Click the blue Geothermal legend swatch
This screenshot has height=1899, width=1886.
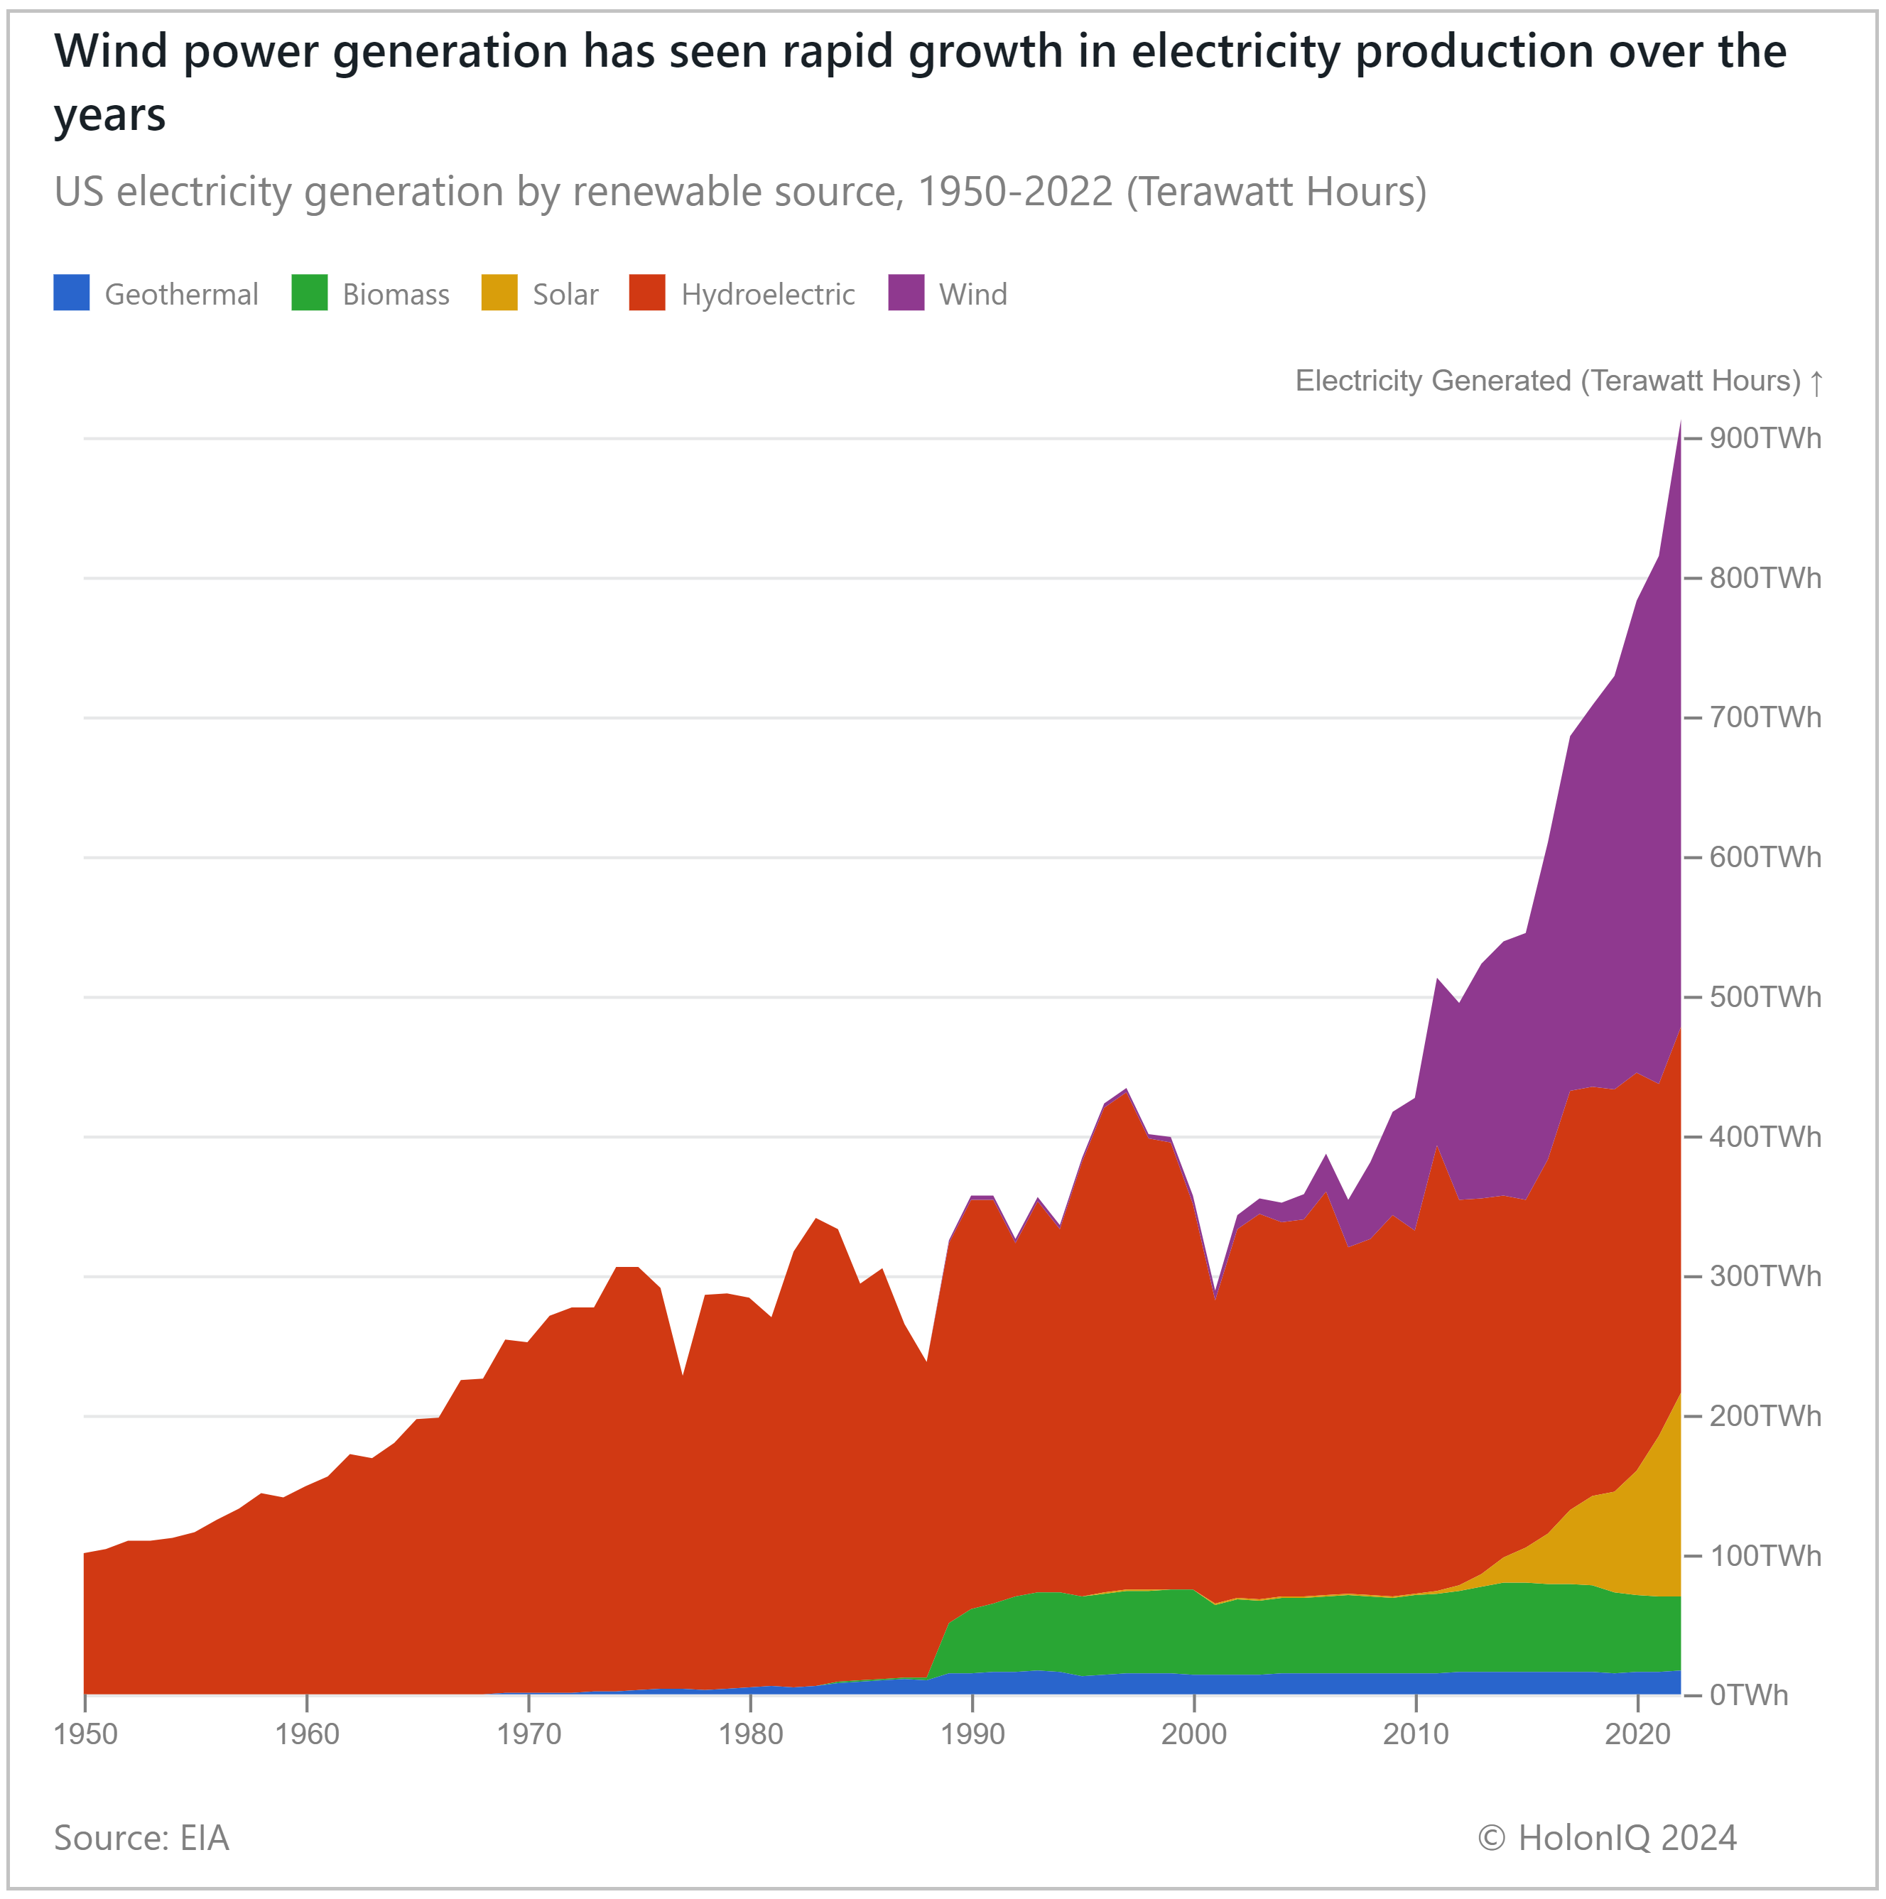[71, 293]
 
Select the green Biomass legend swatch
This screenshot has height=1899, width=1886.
[309, 293]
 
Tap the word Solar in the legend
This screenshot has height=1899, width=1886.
[565, 295]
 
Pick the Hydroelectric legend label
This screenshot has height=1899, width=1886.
[767, 295]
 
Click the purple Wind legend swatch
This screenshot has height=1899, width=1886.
[906, 293]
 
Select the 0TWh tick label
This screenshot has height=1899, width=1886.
[1747, 1696]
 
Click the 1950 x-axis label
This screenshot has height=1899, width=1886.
[85, 1734]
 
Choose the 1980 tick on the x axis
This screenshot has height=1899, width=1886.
[750, 1734]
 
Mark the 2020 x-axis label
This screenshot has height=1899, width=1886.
[1637, 1734]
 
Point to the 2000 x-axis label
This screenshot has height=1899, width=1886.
[1193, 1734]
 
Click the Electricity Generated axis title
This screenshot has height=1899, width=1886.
[1546, 381]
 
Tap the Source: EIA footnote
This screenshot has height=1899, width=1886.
[141, 1838]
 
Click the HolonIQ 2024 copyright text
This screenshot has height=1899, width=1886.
[1607, 1838]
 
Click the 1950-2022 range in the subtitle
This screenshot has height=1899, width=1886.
[1015, 192]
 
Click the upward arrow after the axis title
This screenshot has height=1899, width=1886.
[1816, 382]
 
